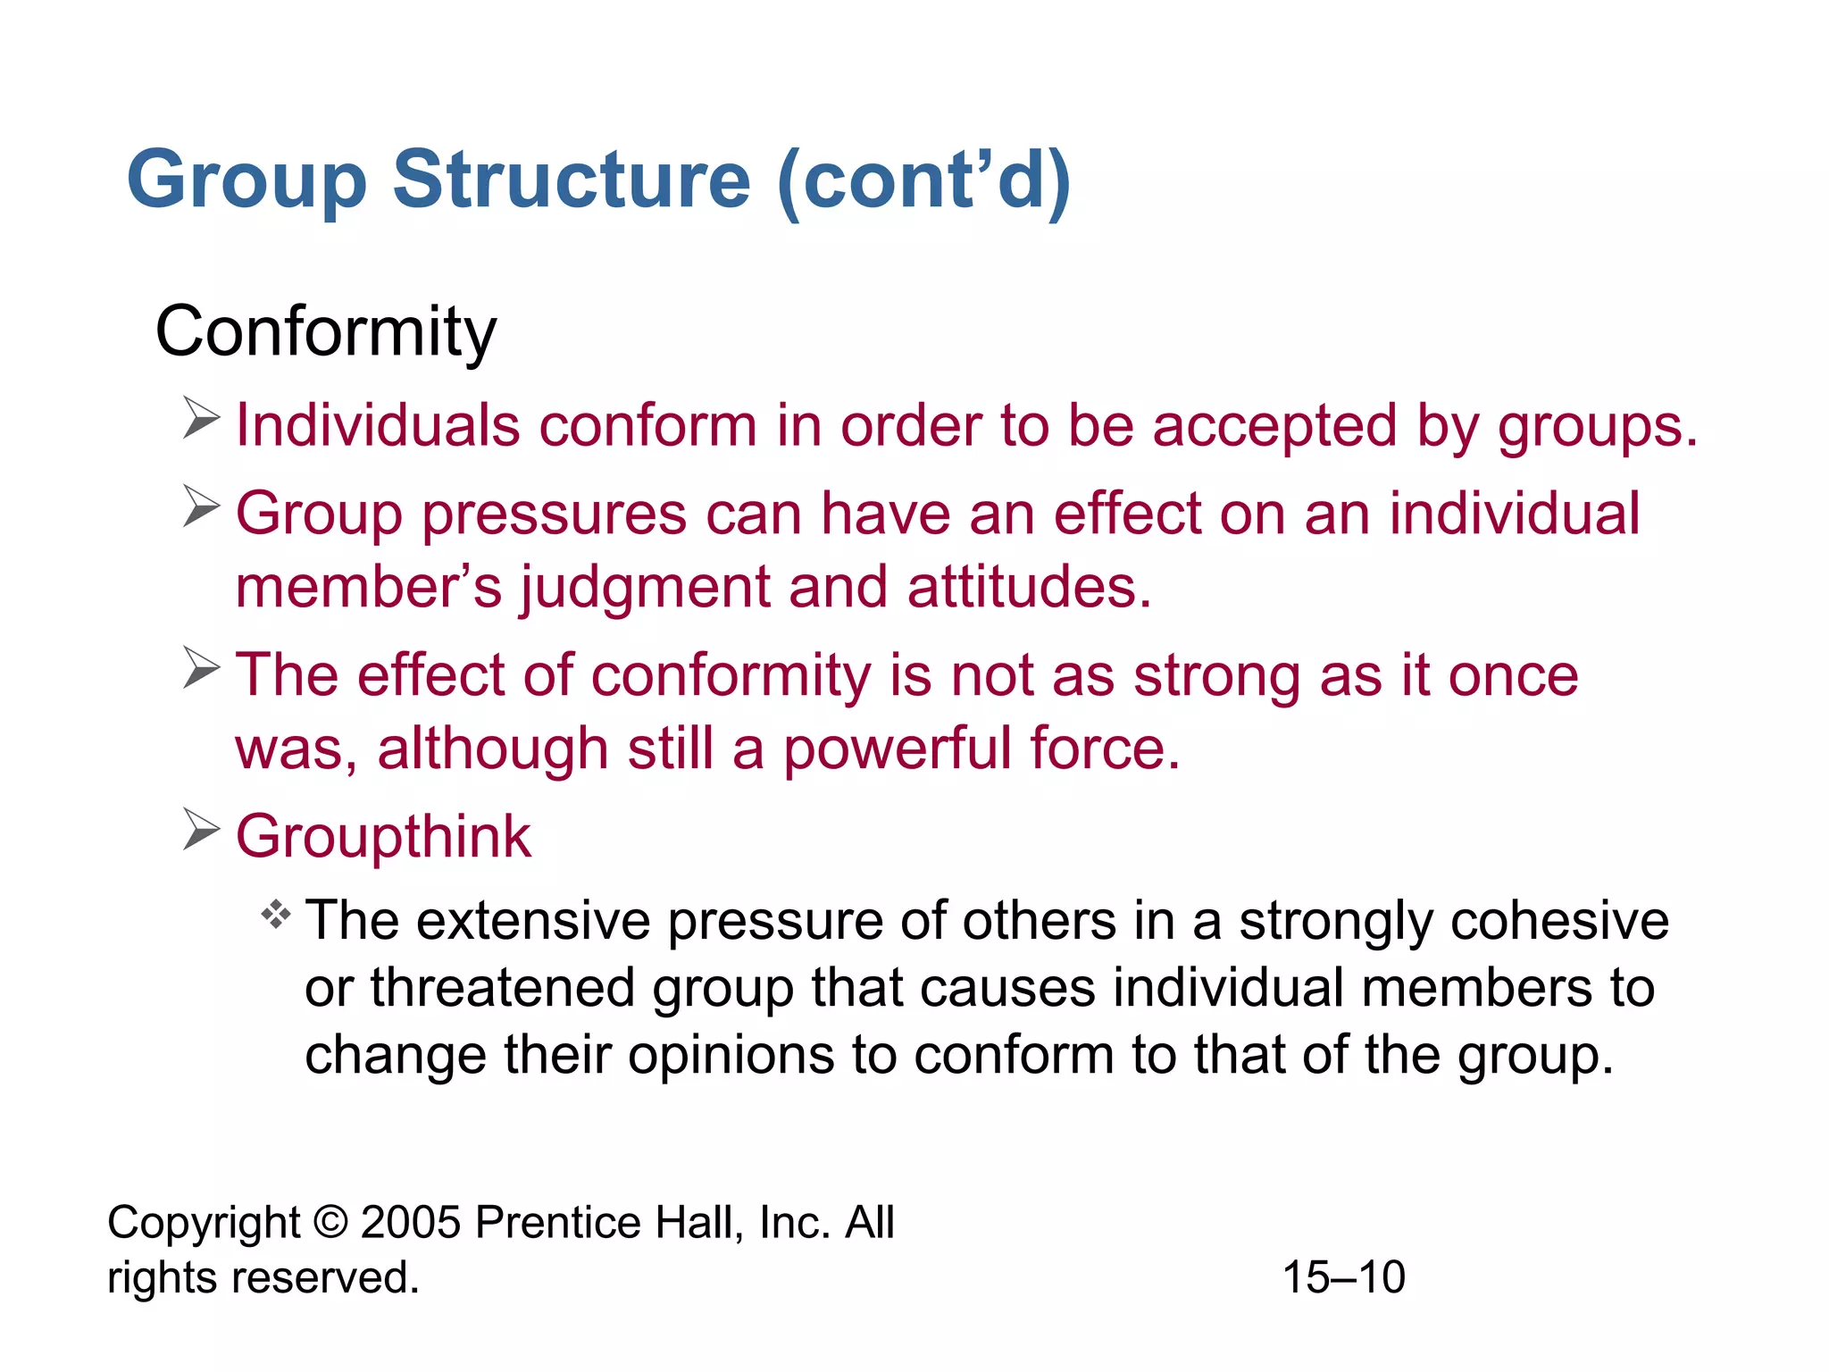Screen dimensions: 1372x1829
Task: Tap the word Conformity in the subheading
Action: point(325,332)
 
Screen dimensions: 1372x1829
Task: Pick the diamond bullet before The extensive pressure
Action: point(276,915)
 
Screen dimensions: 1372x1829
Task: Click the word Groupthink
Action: point(383,837)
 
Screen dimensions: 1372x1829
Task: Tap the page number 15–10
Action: point(1343,1277)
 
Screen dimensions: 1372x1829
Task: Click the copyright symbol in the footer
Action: point(330,1222)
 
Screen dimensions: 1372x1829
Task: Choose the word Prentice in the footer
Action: point(557,1222)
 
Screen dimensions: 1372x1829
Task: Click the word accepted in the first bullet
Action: point(1274,426)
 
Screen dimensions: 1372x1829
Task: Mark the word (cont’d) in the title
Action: point(924,181)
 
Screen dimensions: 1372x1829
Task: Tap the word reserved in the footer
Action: point(325,1277)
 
